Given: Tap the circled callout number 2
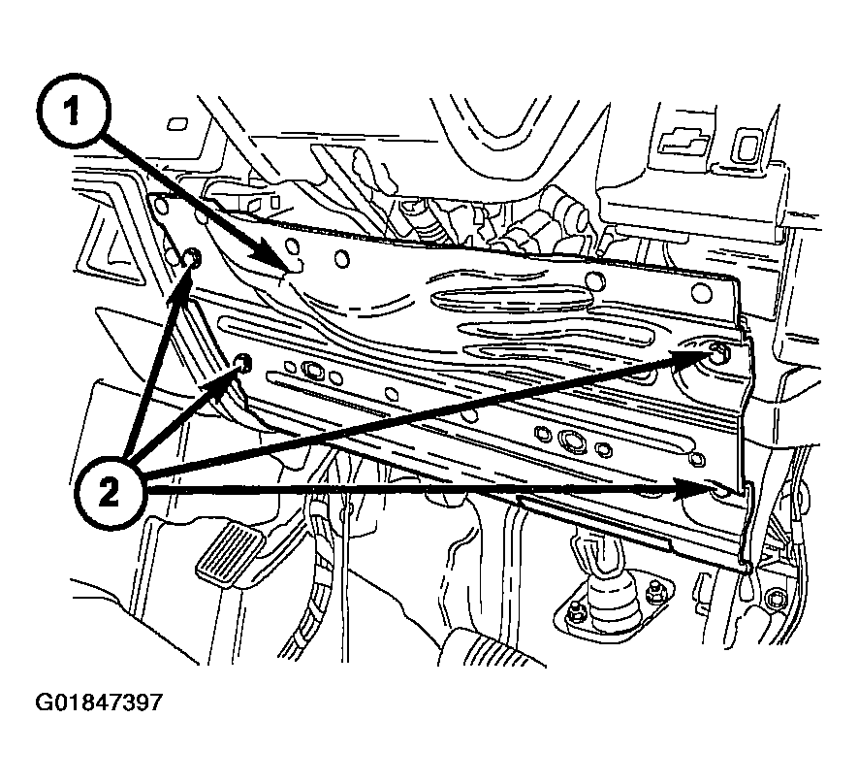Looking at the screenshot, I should [111, 493].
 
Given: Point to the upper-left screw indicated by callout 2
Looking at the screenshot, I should [192, 257].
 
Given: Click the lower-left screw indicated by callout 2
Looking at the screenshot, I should [243, 364].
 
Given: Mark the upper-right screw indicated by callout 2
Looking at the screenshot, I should [717, 353].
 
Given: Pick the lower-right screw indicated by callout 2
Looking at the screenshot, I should [719, 492].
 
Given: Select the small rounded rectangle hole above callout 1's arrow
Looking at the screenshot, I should [177, 124].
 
